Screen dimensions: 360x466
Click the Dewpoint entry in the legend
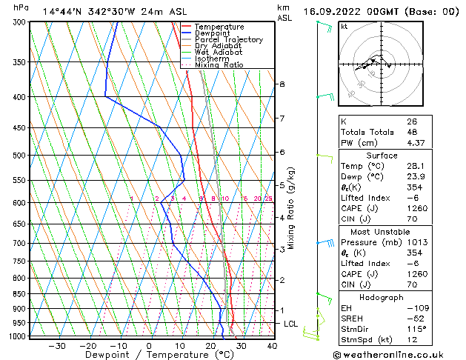(x=215, y=33)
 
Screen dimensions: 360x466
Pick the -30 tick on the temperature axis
(x=56, y=346)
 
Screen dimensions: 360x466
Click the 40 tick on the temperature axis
(x=272, y=346)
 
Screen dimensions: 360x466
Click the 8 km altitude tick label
(x=282, y=84)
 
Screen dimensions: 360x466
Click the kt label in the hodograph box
(x=344, y=27)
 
